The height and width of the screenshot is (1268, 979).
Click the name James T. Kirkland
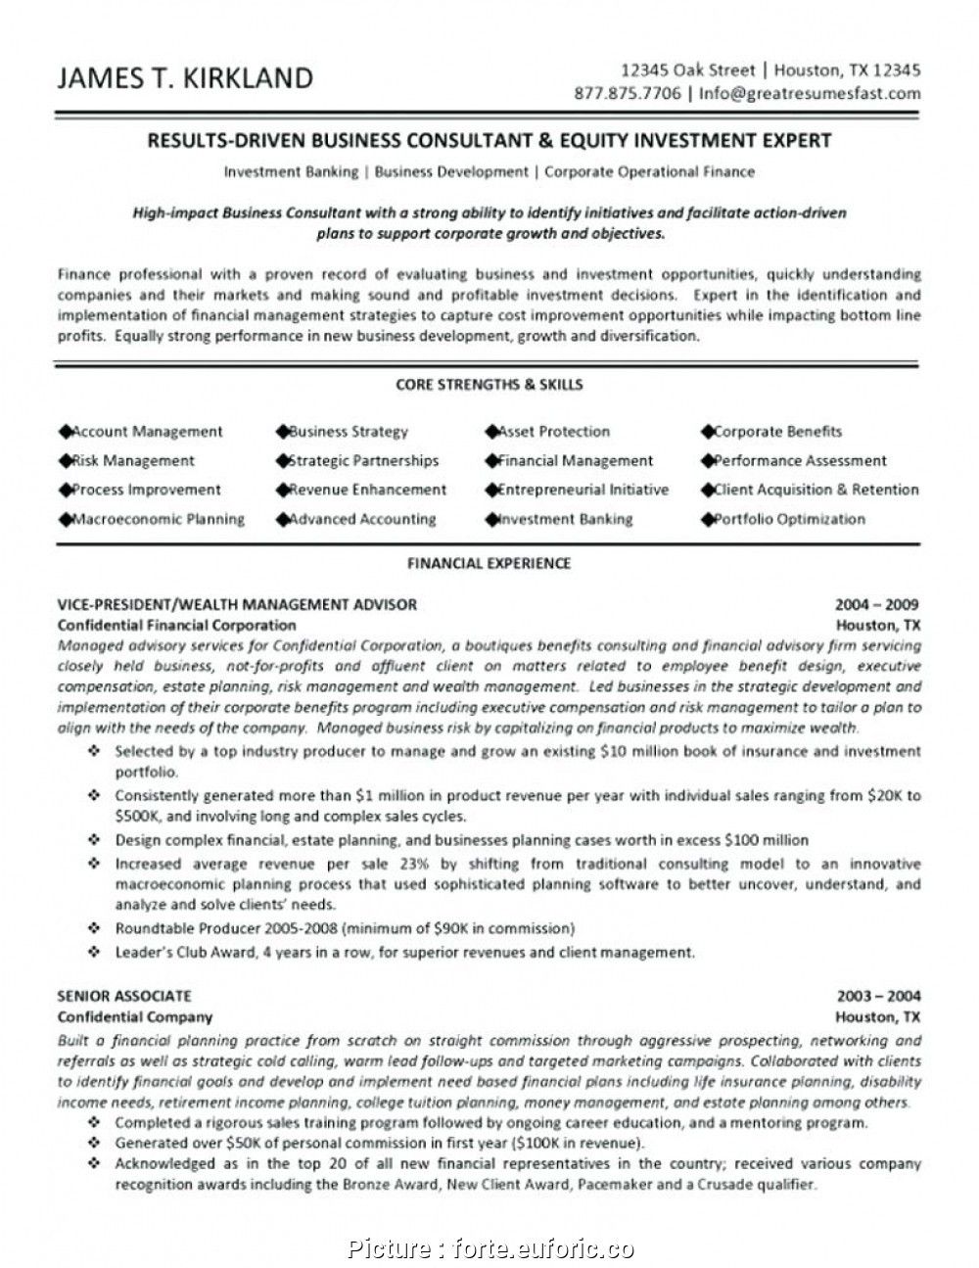coord(186,78)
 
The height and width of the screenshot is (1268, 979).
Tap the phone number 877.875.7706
coord(629,94)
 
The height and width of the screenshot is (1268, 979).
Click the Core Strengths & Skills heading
coord(489,385)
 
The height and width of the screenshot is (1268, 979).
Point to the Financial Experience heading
coord(489,563)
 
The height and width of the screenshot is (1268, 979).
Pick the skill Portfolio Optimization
coord(789,519)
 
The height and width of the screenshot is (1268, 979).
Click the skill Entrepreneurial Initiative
coord(583,490)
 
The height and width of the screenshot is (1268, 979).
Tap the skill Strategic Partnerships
coord(363,460)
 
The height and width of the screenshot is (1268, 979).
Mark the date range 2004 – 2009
coord(878,604)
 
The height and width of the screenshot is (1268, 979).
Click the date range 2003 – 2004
coord(878,996)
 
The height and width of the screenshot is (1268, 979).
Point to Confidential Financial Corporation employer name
coord(176,625)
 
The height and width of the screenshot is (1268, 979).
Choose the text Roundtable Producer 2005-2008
coord(227,928)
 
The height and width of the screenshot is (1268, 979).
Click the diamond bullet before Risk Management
coord(66,460)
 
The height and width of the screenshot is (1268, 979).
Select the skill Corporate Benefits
coord(777,432)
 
